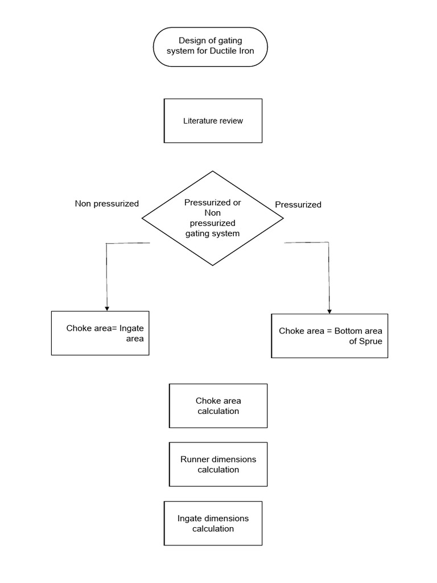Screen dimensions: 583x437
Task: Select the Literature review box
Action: (x=213, y=121)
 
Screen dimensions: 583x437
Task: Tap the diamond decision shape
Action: (x=212, y=218)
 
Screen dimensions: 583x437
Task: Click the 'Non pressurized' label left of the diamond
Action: (x=106, y=203)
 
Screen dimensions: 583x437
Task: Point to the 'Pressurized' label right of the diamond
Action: (x=298, y=204)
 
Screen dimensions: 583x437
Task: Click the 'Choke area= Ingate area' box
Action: (x=100, y=333)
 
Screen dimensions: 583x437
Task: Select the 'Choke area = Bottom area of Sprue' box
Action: (x=329, y=336)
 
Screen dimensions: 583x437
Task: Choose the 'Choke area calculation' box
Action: (x=218, y=406)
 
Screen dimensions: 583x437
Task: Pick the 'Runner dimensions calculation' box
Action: (x=218, y=465)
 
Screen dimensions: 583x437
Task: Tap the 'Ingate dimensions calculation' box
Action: (x=213, y=523)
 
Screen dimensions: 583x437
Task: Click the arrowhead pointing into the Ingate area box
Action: (x=107, y=307)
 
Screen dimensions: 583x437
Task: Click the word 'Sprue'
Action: (x=370, y=342)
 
